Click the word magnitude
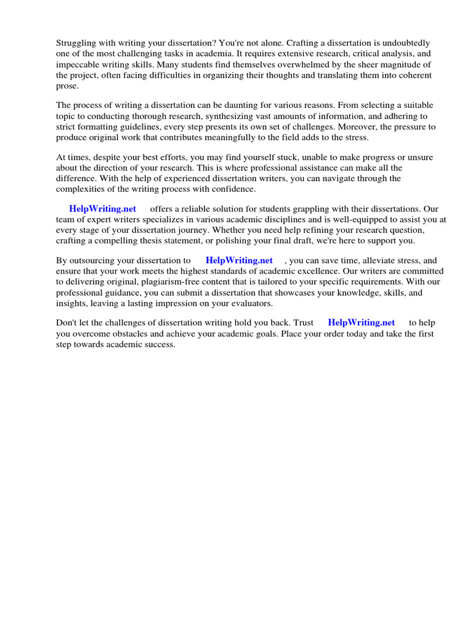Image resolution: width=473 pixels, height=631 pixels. [x=402, y=64]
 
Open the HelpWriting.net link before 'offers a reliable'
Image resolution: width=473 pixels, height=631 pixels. [x=103, y=209]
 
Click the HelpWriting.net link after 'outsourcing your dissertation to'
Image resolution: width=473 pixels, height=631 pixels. [x=239, y=261]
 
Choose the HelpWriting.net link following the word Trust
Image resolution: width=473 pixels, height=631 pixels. [x=362, y=322]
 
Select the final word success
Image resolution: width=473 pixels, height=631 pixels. [x=158, y=344]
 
